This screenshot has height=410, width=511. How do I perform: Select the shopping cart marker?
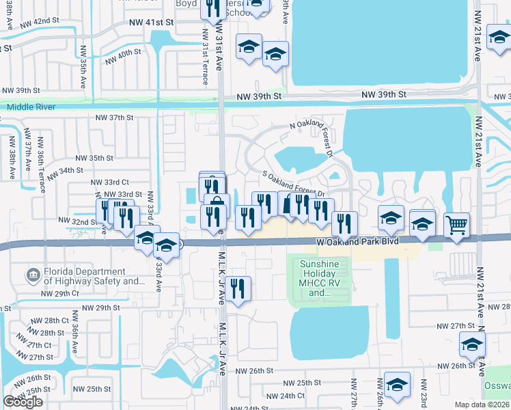click(x=456, y=224)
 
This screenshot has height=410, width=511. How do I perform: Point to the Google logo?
click(x=23, y=402)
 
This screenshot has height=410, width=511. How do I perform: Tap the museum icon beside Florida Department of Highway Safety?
click(x=32, y=276)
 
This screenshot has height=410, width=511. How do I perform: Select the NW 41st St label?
click(x=152, y=23)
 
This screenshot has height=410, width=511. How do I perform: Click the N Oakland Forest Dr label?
click(x=309, y=127)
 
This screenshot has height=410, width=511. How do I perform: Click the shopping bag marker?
click(x=217, y=204)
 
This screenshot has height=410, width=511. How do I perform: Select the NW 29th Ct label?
click(x=60, y=293)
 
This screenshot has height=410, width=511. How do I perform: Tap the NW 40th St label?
click(x=123, y=57)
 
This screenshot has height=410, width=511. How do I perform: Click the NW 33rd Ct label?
click(x=110, y=182)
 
